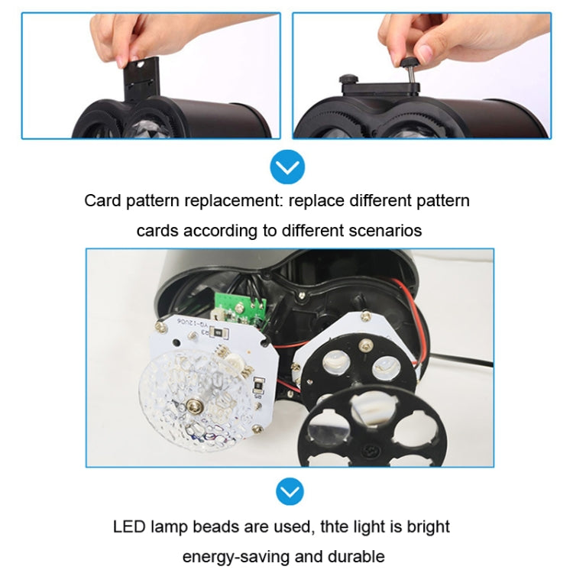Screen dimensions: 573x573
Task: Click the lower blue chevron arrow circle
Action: click(287, 491)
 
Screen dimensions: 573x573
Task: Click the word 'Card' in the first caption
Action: click(102, 201)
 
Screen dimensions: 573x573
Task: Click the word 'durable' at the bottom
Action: click(358, 555)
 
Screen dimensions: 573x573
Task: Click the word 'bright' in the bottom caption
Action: click(427, 526)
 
